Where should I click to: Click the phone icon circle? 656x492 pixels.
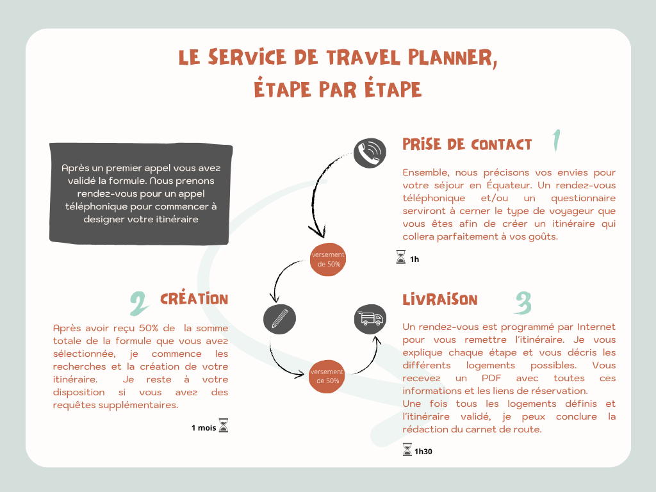pyautogui.click(x=370, y=153)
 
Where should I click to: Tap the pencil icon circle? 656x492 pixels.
pyautogui.click(x=279, y=319)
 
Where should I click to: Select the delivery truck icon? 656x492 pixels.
pyautogui.click(x=370, y=319)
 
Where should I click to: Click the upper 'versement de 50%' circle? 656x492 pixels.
pyautogui.click(x=328, y=259)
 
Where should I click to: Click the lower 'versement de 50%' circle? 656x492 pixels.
pyautogui.click(x=327, y=376)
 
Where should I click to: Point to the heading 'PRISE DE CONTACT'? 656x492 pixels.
pyautogui.click(x=467, y=144)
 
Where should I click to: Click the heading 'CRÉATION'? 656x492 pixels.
pyautogui.click(x=194, y=299)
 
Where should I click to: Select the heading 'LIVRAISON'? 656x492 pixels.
pyautogui.click(x=439, y=300)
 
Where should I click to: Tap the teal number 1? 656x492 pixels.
pyautogui.click(x=557, y=140)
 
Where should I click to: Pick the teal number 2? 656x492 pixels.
pyautogui.click(x=139, y=303)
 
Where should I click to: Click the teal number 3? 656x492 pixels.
pyautogui.click(x=523, y=302)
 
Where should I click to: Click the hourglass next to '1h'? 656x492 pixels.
pyautogui.click(x=401, y=257)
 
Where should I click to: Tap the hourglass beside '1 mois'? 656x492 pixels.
pyautogui.click(x=224, y=425)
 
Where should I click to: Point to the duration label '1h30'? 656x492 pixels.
pyautogui.click(x=423, y=452)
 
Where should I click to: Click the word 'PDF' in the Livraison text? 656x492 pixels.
pyautogui.click(x=491, y=378)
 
